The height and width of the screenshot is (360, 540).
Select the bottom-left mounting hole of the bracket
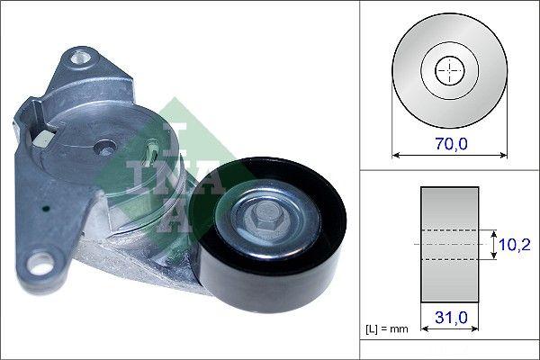click(x=39, y=265)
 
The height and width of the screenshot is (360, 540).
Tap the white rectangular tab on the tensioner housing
click(x=40, y=139)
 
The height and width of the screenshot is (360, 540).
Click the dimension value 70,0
click(x=447, y=142)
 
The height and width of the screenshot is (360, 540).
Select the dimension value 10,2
click(x=514, y=243)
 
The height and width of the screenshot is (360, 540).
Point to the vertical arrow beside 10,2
click(x=493, y=243)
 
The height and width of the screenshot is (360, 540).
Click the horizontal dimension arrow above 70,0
click(x=447, y=154)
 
